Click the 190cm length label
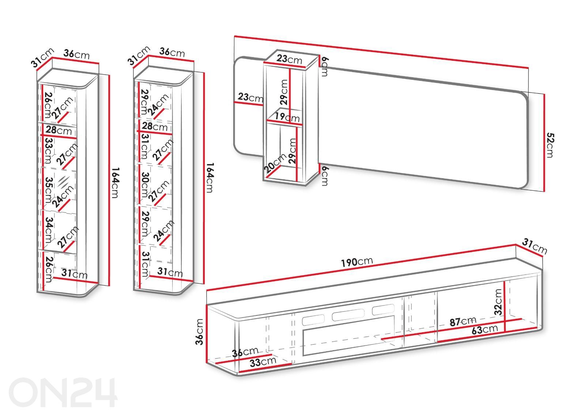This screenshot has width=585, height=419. pos(356,262)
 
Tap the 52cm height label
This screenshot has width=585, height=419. pos(549,145)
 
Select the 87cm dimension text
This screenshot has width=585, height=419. pos(463,322)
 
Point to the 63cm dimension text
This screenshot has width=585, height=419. pos(485,329)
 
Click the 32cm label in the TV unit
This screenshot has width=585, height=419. pos(498,302)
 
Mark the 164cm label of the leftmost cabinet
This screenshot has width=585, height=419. pos(114,183)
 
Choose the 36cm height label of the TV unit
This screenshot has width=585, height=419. pos(199,332)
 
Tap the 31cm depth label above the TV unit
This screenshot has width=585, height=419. pos(535,246)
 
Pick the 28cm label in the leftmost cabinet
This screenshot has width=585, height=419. pos(58,130)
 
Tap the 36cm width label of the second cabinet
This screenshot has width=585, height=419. pos(172,52)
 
